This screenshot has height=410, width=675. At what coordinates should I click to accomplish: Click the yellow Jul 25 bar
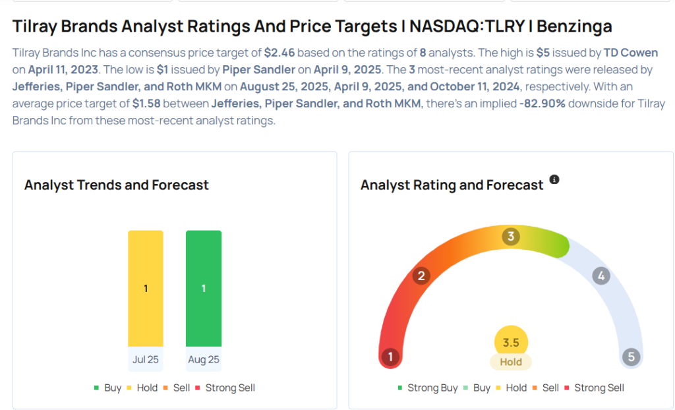(x=146, y=288)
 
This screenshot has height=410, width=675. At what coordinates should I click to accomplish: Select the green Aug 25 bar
(x=204, y=288)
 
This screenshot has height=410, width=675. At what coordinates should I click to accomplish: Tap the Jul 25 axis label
(x=146, y=360)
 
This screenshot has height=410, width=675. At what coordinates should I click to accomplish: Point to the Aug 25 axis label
(x=204, y=360)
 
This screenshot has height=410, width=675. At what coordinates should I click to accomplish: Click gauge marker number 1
(x=390, y=357)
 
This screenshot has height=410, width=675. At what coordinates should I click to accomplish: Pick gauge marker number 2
(x=421, y=276)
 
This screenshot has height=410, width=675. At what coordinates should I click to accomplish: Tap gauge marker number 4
(x=600, y=276)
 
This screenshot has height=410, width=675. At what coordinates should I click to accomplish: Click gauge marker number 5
(x=631, y=357)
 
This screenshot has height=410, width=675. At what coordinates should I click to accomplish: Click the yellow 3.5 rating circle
(x=511, y=342)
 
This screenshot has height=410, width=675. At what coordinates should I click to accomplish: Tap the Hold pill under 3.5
(x=511, y=362)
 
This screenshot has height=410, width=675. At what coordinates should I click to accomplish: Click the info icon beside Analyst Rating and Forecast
(x=554, y=180)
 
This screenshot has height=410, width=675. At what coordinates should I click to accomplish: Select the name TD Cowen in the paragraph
(x=630, y=53)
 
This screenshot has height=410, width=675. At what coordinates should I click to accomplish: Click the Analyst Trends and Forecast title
(x=117, y=185)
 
